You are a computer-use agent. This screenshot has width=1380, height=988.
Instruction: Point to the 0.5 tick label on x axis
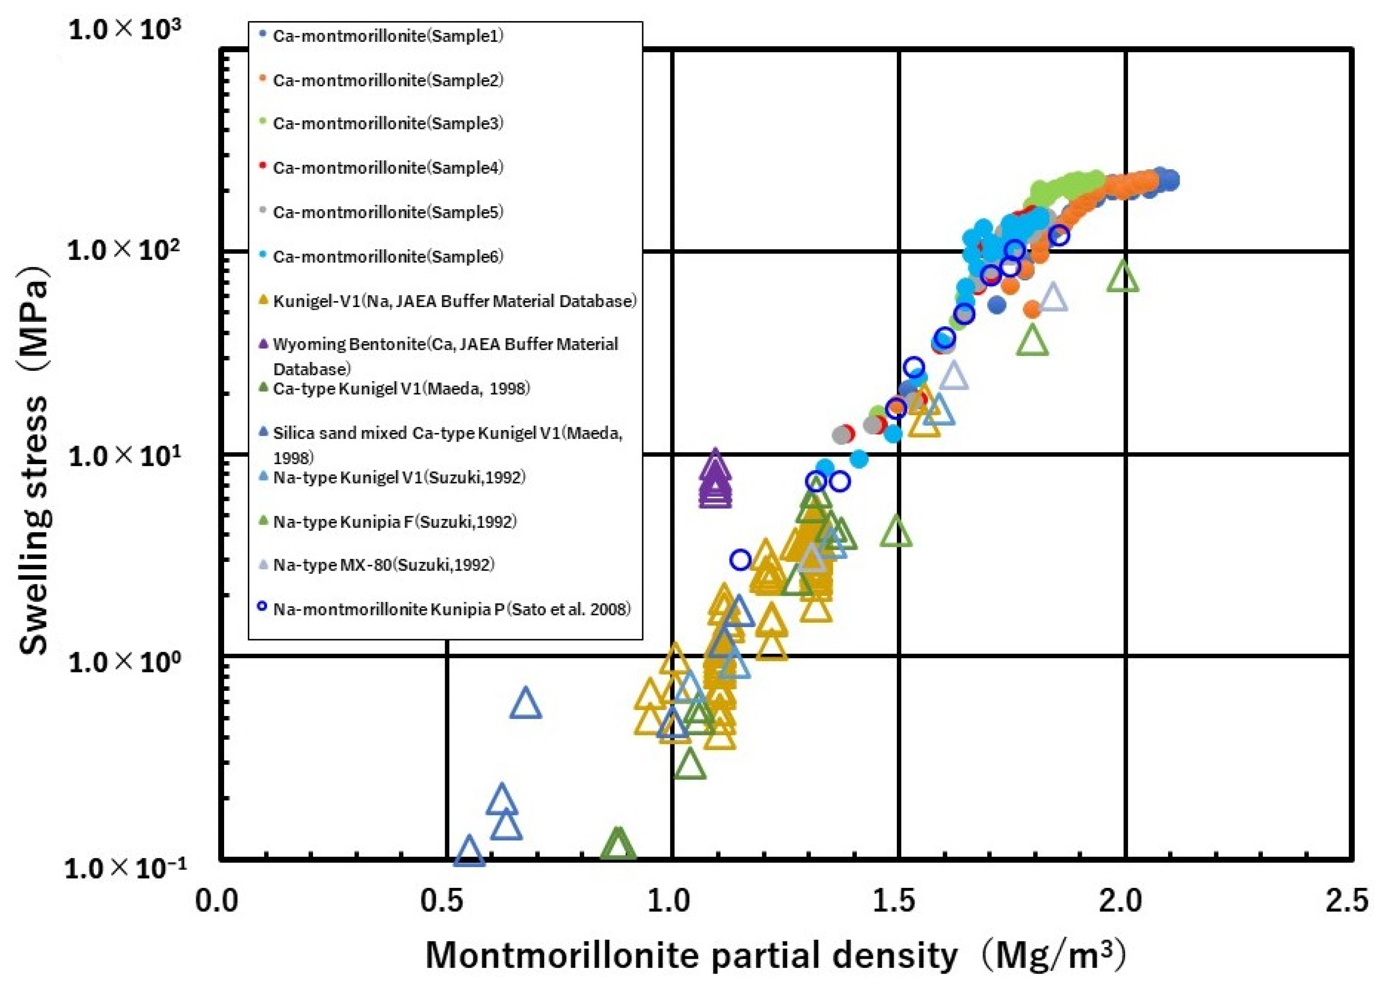(x=446, y=901)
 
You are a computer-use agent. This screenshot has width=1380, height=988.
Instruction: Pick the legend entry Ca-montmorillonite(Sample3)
(x=388, y=123)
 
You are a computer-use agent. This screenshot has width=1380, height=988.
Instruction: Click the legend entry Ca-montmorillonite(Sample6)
(x=388, y=257)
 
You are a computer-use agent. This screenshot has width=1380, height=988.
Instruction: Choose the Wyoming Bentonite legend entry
(x=445, y=345)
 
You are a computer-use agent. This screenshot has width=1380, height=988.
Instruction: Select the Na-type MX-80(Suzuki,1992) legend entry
(x=384, y=565)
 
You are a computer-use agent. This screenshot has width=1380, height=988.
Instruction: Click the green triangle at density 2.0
(x=1123, y=278)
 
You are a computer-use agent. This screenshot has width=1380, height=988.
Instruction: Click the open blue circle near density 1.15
(x=740, y=560)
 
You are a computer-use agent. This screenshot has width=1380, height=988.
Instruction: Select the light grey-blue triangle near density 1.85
(x=1053, y=298)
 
